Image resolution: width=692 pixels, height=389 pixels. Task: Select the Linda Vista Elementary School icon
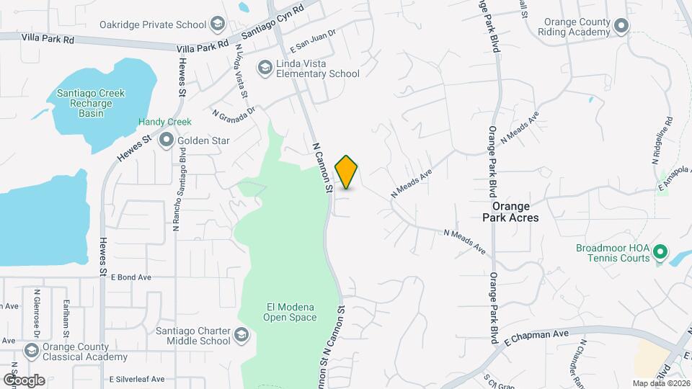point(265,68)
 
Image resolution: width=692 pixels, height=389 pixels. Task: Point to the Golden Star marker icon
point(167,140)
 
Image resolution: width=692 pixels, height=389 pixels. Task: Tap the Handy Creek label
point(165,122)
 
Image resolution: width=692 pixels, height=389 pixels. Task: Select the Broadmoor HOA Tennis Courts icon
point(659,253)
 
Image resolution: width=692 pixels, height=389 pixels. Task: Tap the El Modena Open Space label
point(287,312)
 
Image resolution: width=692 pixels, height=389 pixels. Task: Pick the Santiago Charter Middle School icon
point(241,336)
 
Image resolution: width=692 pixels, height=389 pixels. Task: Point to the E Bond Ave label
point(131,277)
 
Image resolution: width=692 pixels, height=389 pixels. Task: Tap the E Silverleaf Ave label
point(138,379)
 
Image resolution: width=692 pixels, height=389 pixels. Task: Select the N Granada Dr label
point(234,113)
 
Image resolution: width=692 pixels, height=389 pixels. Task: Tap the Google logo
point(23,380)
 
